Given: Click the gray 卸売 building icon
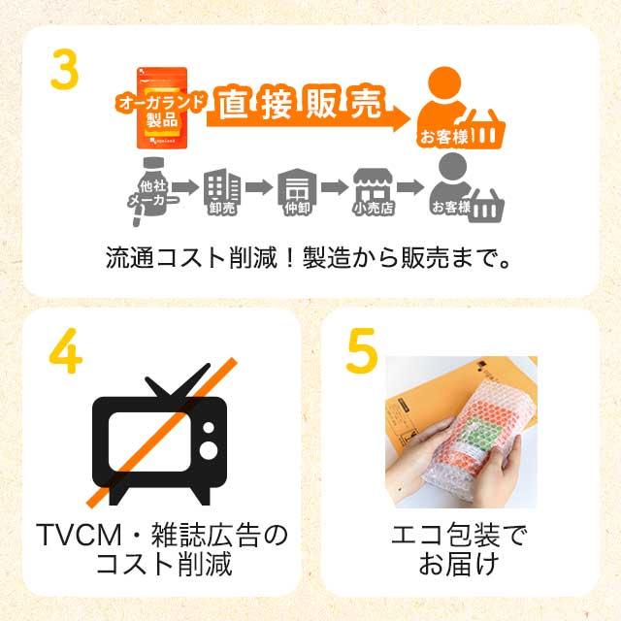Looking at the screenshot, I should point(222,190).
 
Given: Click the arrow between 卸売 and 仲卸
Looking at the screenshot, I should point(258,187).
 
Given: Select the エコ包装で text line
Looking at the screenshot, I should point(460,536).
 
